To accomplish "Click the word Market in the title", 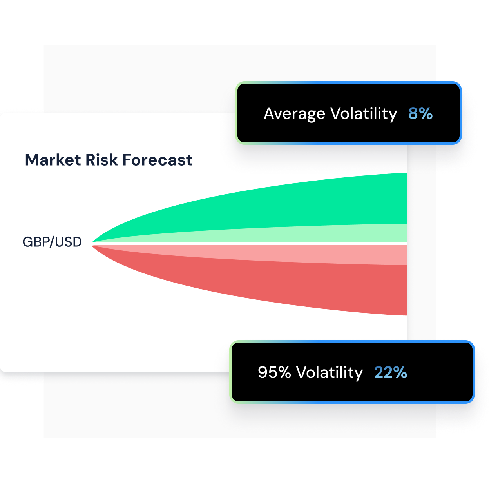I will pyautogui.click(x=53, y=160).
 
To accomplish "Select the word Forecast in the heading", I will pyautogui.click(x=157, y=160).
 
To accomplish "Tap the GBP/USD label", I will pyautogui.click(x=52, y=242).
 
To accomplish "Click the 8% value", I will pyautogui.click(x=420, y=113).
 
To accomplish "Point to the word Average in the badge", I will pyautogui.click(x=294, y=114).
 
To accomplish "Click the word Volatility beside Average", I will pyautogui.click(x=363, y=114).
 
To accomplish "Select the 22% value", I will pyautogui.click(x=390, y=372).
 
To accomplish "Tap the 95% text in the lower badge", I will pyautogui.click(x=274, y=372).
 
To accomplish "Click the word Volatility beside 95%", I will pyautogui.click(x=329, y=372).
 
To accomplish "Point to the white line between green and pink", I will pyautogui.click(x=274, y=244).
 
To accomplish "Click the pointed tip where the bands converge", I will pyautogui.click(x=93, y=244).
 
